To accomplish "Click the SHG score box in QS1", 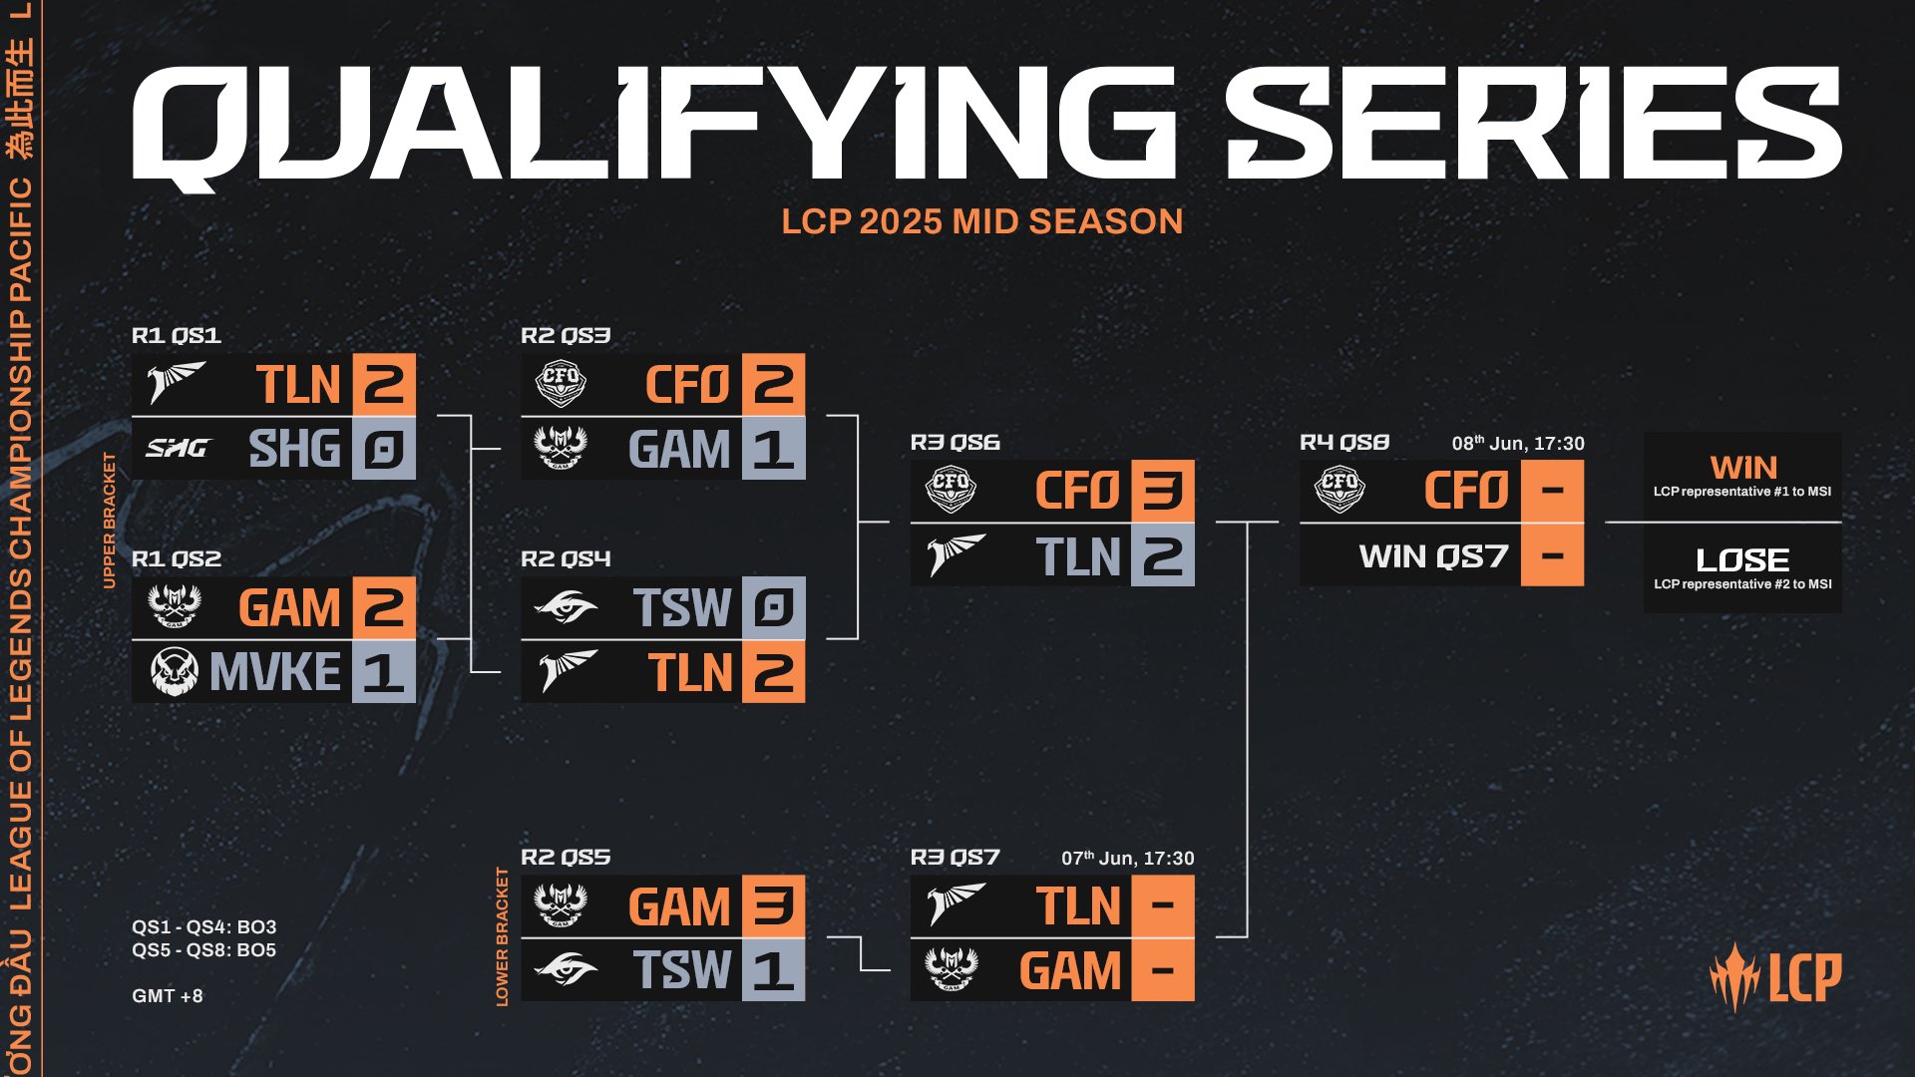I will pyautogui.click(x=383, y=449).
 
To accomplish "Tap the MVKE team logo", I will pyautogui.click(x=175, y=671).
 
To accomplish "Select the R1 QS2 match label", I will pyautogui.click(x=177, y=558).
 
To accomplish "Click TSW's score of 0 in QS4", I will pyautogui.click(x=773, y=607).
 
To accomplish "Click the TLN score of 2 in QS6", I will pyautogui.click(x=1162, y=555).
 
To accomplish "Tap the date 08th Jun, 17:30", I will pyautogui.click(x=1517, y=443).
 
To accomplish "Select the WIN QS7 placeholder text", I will pyautogui.click(x=1433, y=555).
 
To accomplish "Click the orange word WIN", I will pyautogui.click(x=1742, y=467).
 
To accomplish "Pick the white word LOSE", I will pyautogui.click(x=1742, y=559).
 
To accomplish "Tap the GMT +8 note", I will pyautogui.click(x=168, y=995).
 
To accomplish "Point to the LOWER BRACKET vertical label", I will pyautogui.click(x=502, y=936).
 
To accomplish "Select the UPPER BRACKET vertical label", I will pyautogui.click(x=110, y=520).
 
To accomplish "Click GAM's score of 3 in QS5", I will pyautogui.click(x=773, y=906).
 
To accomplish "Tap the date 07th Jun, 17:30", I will pyautogui.click(x=1127, y=858).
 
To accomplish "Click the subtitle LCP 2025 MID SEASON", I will pyautogui.click(x=981, y=220).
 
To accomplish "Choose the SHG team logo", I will pyautogui.click(x=177, y=449).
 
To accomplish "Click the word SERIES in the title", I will pyautogui.click(x=1532, y=125).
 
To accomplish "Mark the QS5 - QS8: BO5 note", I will pyautogui.click(x=203, y=949).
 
